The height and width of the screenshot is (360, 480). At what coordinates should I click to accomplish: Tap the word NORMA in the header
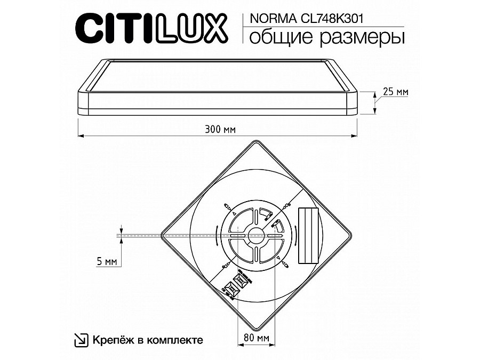pyautogui.click(x=262, y=18)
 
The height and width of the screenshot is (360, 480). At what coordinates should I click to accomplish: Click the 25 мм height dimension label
pyautogui.click(x=395, y=92)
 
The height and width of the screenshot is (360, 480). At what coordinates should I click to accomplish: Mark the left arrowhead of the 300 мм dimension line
pyautogui.click(x=81, y=135)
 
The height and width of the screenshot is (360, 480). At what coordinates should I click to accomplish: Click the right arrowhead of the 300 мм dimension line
pyautogui.click(x=356, y=135)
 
